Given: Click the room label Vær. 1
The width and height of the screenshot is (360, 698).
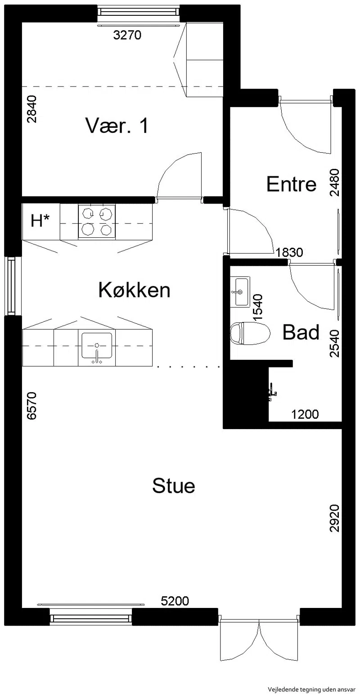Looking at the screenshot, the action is coord(117,126).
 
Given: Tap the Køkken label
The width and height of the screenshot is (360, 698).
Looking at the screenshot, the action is coord(134,290).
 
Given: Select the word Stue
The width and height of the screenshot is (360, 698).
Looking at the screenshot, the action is coord(173,485).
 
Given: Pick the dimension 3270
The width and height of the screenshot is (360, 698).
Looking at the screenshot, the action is coord(127,35).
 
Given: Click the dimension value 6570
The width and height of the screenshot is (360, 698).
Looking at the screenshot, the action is coord(32,406).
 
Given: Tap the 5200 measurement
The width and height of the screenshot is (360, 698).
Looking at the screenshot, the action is coord(175,601).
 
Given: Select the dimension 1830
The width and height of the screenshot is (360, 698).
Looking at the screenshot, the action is coord(289,252).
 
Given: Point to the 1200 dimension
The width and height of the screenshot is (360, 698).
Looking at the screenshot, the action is coord(305,414).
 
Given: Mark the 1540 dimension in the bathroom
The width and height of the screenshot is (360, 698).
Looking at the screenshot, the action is coord(258,308).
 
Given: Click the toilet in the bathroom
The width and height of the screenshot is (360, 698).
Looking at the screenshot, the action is coord(250,333).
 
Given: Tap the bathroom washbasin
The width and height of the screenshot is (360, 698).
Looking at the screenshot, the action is coord(240,291).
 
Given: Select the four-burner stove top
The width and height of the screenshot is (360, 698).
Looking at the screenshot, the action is coord(97,222).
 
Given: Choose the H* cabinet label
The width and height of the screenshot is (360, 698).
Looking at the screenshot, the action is coord(40,221).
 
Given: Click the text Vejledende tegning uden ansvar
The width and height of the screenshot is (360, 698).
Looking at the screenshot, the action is coord(311,689).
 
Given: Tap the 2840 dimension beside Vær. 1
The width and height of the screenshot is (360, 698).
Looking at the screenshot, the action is coord(32,109).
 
